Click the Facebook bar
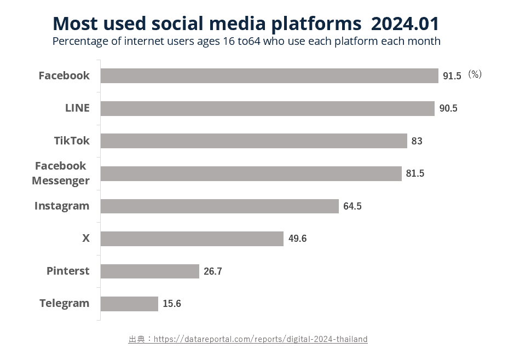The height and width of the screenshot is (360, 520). (269, 76)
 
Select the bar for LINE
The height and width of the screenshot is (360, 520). (267, 108)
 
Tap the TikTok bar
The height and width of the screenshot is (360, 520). (254, 141)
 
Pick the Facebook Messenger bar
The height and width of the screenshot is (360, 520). (251, 173)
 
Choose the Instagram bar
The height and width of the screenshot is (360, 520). (219, 206)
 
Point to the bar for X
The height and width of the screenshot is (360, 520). (192, 239)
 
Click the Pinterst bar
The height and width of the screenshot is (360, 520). (150, 271)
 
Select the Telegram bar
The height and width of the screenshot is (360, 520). (129, 304)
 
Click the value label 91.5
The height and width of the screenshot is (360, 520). (452, 76)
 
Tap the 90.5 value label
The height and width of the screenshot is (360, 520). (448, 108)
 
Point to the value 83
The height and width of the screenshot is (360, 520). (417, 141)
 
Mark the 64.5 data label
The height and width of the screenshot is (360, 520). (353, 206)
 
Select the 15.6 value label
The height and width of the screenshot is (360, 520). (172, 304)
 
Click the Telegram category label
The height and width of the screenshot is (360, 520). (64, 304)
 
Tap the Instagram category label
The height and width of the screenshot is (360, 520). (62, 206)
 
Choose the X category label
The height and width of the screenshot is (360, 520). (86, 239)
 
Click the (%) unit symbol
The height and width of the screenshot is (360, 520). (475, 75)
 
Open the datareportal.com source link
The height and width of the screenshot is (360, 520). (261, 339)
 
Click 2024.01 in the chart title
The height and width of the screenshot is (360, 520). (405, 24)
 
